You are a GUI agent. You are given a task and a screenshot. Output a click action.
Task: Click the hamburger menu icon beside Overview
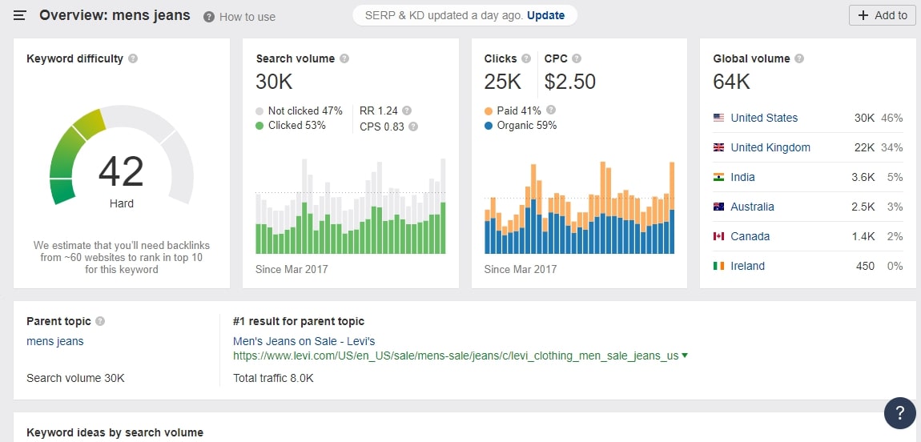[x=20, y=15]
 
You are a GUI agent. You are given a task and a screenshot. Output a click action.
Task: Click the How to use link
[x=247, y=17]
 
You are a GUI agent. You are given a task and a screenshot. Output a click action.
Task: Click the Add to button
[x=883, y=15]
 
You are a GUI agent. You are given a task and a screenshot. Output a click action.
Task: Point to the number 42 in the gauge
[x=121, y=171]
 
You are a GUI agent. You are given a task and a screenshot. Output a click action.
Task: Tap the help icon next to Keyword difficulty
[x=133, y=58]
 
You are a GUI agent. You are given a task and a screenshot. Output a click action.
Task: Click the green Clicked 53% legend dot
[x=259, y=126]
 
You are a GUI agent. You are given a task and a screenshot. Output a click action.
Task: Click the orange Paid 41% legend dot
[x=489, y=111]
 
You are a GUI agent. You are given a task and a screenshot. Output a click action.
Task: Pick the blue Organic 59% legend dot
[x=489, y=126]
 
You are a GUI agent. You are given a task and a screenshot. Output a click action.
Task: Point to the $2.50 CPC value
[x=569, y=82]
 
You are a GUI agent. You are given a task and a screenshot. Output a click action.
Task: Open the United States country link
[x=764, y=118]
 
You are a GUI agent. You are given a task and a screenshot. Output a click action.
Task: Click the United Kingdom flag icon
[x=718, y=147]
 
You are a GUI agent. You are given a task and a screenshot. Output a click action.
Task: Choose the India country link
[x=742, y=177]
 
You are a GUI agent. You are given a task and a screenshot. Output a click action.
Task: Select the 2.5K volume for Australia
[x=863, y=207]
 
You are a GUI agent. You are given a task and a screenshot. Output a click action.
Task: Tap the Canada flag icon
[x=718, y=236]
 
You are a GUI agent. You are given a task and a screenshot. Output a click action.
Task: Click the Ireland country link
[x=747, y=266]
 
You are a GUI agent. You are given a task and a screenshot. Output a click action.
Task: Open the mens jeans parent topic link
[x=55, y=341]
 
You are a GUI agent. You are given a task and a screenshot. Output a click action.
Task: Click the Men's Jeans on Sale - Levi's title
[x=304, y=341]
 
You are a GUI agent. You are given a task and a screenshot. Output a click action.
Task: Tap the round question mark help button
[x=899, y=413]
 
